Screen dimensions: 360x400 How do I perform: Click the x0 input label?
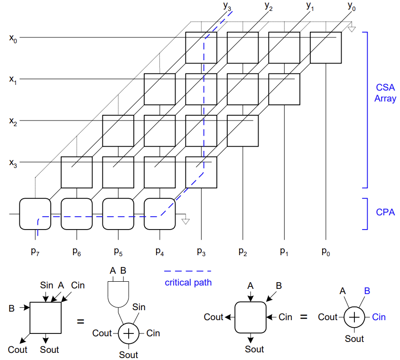coord(13,38)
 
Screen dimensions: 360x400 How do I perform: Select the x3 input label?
coord(13,163)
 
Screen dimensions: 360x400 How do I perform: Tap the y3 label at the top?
coord(227,7)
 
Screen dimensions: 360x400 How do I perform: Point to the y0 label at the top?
coord(351,7)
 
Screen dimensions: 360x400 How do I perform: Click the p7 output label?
coord(35,251)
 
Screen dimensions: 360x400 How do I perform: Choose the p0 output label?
coord(326,251)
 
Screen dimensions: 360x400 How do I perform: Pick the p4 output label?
coord(159,251)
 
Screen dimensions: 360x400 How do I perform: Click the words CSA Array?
coord(385,93)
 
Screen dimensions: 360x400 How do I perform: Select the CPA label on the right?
coord(385,212)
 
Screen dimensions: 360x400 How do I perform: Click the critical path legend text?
coord(188,283)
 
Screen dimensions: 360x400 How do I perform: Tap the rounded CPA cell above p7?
coord(35,214)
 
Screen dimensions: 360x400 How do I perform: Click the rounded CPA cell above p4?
coord(159,214)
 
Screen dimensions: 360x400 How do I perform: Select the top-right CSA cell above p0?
coord(326,47)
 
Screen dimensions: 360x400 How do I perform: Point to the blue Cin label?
coord(379,317)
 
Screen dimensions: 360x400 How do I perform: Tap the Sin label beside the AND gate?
coord(139,307)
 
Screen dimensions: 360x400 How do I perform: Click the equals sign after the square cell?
coord(80,321)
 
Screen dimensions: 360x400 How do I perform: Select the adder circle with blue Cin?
coord(354,317)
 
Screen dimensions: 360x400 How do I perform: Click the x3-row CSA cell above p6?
coord(76,172)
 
